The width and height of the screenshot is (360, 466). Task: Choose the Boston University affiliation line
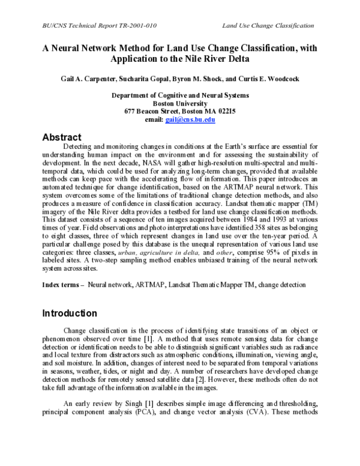tap(180, 103)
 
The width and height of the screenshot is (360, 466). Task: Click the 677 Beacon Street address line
tap(180, 110)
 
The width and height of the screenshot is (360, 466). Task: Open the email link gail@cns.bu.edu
tap(198, 119)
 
